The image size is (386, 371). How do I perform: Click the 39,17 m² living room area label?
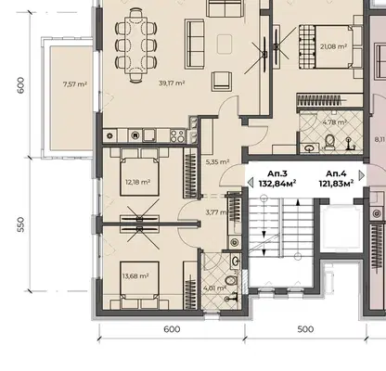coord(172,83)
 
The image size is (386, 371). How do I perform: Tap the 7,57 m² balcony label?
coord(75,83)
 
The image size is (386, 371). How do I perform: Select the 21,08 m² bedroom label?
coord(333,46)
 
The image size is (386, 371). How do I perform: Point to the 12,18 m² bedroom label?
coord(138,182)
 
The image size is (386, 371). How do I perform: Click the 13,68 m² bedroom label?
coord(135,275)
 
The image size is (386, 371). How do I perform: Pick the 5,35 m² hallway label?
coord(217,161)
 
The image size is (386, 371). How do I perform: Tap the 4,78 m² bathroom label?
coord(334,122)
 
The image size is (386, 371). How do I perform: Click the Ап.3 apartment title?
coord(277,173)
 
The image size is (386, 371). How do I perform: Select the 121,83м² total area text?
coord(336,184)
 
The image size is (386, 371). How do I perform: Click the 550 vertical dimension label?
coord(20,224)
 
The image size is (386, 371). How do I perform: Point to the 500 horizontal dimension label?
coord(305,329)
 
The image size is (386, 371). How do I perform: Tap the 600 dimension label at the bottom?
coord(172,329)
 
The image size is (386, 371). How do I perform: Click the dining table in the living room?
coord(136,45)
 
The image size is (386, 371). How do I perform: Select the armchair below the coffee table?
coord(222,81)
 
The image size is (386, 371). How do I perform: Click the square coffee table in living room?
coord(225,45)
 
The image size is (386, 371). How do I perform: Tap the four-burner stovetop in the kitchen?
coord(177,135)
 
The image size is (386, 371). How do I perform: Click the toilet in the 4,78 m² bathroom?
coord(329,142)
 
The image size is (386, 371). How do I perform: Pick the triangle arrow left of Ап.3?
coord(251,183)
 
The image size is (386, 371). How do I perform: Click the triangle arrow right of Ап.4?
coord(362,175)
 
